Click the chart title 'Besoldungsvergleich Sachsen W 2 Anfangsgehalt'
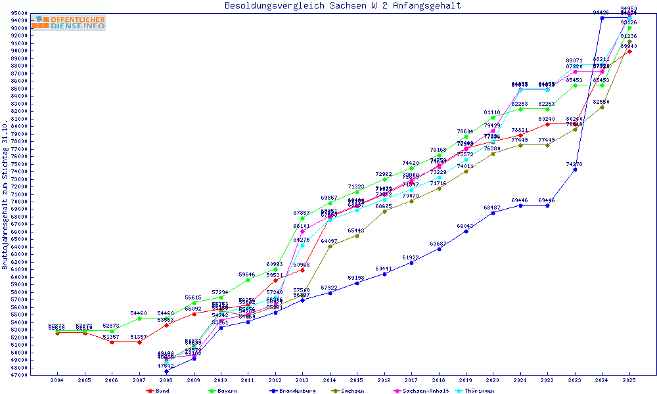click(x=342, y=6)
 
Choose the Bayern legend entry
click(x=222, y=391)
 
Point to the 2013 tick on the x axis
click(x=302, y=380)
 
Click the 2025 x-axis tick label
click(x=629, y=380)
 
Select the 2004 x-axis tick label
click(x=57, y=380)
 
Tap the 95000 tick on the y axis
click(x=19, y=13)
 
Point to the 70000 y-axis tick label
click(x=19, y=202)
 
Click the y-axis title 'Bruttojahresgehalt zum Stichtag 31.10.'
click(x=5, y=195)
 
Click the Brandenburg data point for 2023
click(x=575, y=169)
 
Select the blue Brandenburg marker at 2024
click(x=602, y=18)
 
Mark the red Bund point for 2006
click(x=112, y=342)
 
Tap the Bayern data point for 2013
click(x=302, y=218)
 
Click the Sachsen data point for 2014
click(x=330, y=246)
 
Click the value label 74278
click(x=575, y=164)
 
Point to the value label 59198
click(x=357, y=277)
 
